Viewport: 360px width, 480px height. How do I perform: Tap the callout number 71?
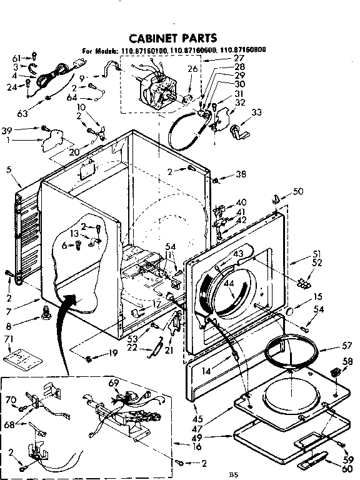point(9,338)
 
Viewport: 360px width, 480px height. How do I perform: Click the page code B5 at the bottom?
point(234,474)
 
